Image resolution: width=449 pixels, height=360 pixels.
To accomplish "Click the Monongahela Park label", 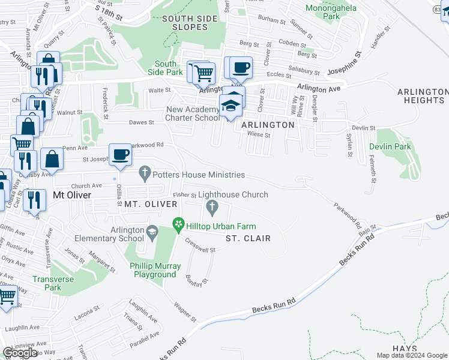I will pyautogui.click(x=331, y=12).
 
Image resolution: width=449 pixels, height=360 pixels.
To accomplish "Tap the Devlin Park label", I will pyautogui.click(x=390, y=146).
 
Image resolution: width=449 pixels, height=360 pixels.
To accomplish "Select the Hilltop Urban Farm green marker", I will pyautogui.click(x=178, y=225).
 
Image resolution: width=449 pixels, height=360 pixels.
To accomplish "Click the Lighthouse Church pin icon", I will pyautogui.click(x=211, y=208).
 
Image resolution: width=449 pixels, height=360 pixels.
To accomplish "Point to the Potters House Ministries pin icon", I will pyautogui.click(x=144, y=174).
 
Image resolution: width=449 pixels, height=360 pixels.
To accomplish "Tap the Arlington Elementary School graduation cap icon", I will pyautogui.click(x=153, y=231).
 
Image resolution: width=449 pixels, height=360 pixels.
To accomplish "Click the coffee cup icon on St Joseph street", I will pyautogui.click(x=120, y=154).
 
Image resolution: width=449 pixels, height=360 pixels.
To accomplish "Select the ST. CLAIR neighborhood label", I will pyautogui.click(x=248, y=238).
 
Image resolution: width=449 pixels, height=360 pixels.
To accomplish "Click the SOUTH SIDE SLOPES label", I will pyautogui.click(x=190, y=23).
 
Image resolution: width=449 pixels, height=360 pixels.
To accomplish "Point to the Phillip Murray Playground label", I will pyautogui.click(x=154, y=270).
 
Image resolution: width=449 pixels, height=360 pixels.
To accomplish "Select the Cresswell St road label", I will pyautogui.click(x=200, y=246).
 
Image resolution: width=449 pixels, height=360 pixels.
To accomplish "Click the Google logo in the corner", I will pyautogui.click(x=20, y=353).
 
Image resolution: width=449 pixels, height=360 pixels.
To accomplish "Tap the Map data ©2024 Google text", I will pyautogui.click(x=412, y=355).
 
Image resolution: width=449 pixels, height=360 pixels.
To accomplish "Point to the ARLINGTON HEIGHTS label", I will pyautogui.click(x=423, y=96).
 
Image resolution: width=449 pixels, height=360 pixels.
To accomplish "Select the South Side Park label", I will pyautogui.click(x=166, y=68).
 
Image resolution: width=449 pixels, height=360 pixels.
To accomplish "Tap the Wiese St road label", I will pyautogui.click(x=259, y=135).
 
